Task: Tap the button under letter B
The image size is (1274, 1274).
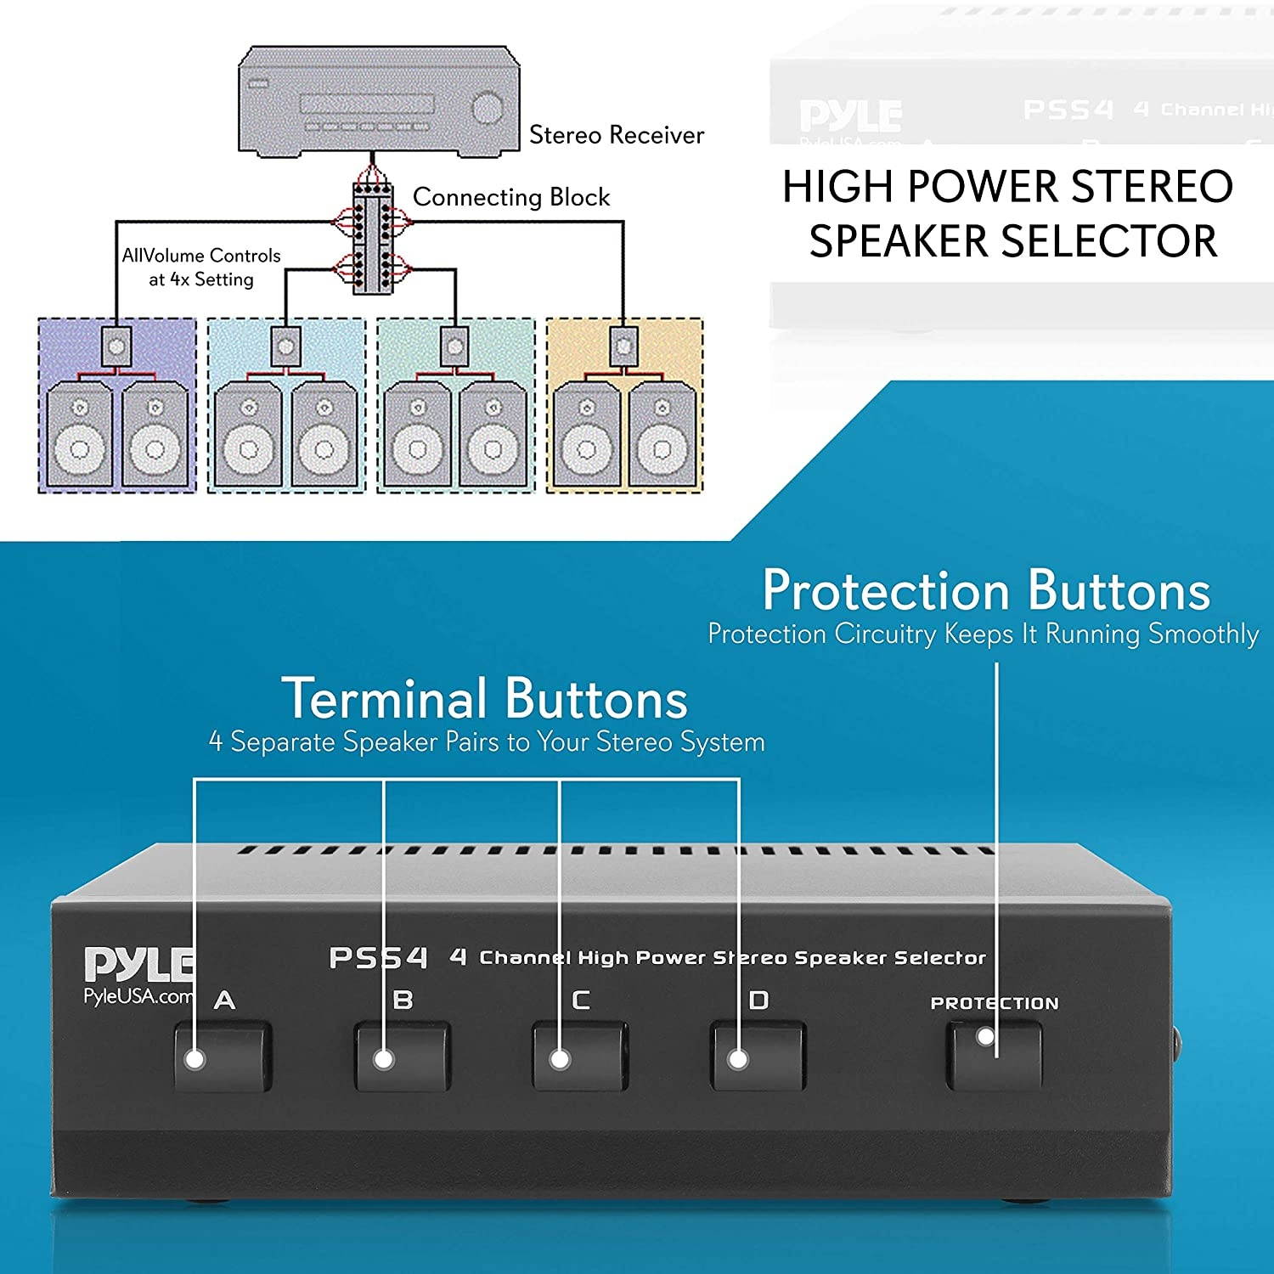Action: coord(402,1057)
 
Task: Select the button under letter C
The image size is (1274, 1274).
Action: coord(580,1057)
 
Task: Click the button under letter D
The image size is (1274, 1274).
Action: coord(758,1057)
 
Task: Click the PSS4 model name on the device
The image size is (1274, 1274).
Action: coord(378,958)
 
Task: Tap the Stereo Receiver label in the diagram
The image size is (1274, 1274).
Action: coord(616,135)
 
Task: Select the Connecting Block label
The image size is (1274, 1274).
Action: coord(510,197)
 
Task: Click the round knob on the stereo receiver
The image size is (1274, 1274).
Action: coord(488,108)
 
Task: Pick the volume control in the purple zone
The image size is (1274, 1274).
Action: coord(116,347)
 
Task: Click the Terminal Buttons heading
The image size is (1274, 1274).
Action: coord(484,699)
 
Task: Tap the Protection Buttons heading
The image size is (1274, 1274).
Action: coord(986,590)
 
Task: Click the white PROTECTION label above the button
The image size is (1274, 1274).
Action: coord(995,1003)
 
